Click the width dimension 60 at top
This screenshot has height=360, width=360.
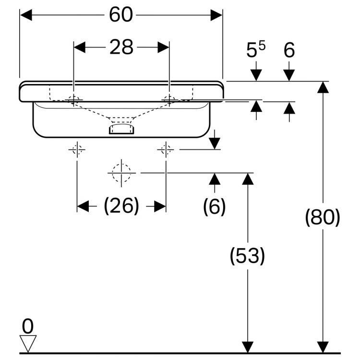[120, 15]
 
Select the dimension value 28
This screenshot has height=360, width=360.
[121, 47]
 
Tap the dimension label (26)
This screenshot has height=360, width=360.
[121, 206]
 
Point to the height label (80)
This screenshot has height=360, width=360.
[323, 217]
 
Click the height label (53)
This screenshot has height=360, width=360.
[247, 256]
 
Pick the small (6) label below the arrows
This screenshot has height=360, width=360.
[214, 206]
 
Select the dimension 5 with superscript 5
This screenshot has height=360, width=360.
[256, 50]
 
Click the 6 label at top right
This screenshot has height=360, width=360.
[289, 50]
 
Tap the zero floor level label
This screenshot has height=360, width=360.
[28, 327]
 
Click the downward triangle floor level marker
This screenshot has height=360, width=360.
[28, 343]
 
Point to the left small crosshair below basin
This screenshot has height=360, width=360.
[77, 150]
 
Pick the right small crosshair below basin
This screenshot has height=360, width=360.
[166, 150]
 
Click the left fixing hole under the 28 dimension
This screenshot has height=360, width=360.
[73, 100]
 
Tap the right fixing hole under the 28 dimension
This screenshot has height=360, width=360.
[169, 100]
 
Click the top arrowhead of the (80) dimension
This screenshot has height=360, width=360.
[323, 87]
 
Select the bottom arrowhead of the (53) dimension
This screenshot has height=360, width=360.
[247, 347]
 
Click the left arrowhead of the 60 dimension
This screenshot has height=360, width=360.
[25, 15]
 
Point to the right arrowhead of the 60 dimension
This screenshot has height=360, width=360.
[217, 15]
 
